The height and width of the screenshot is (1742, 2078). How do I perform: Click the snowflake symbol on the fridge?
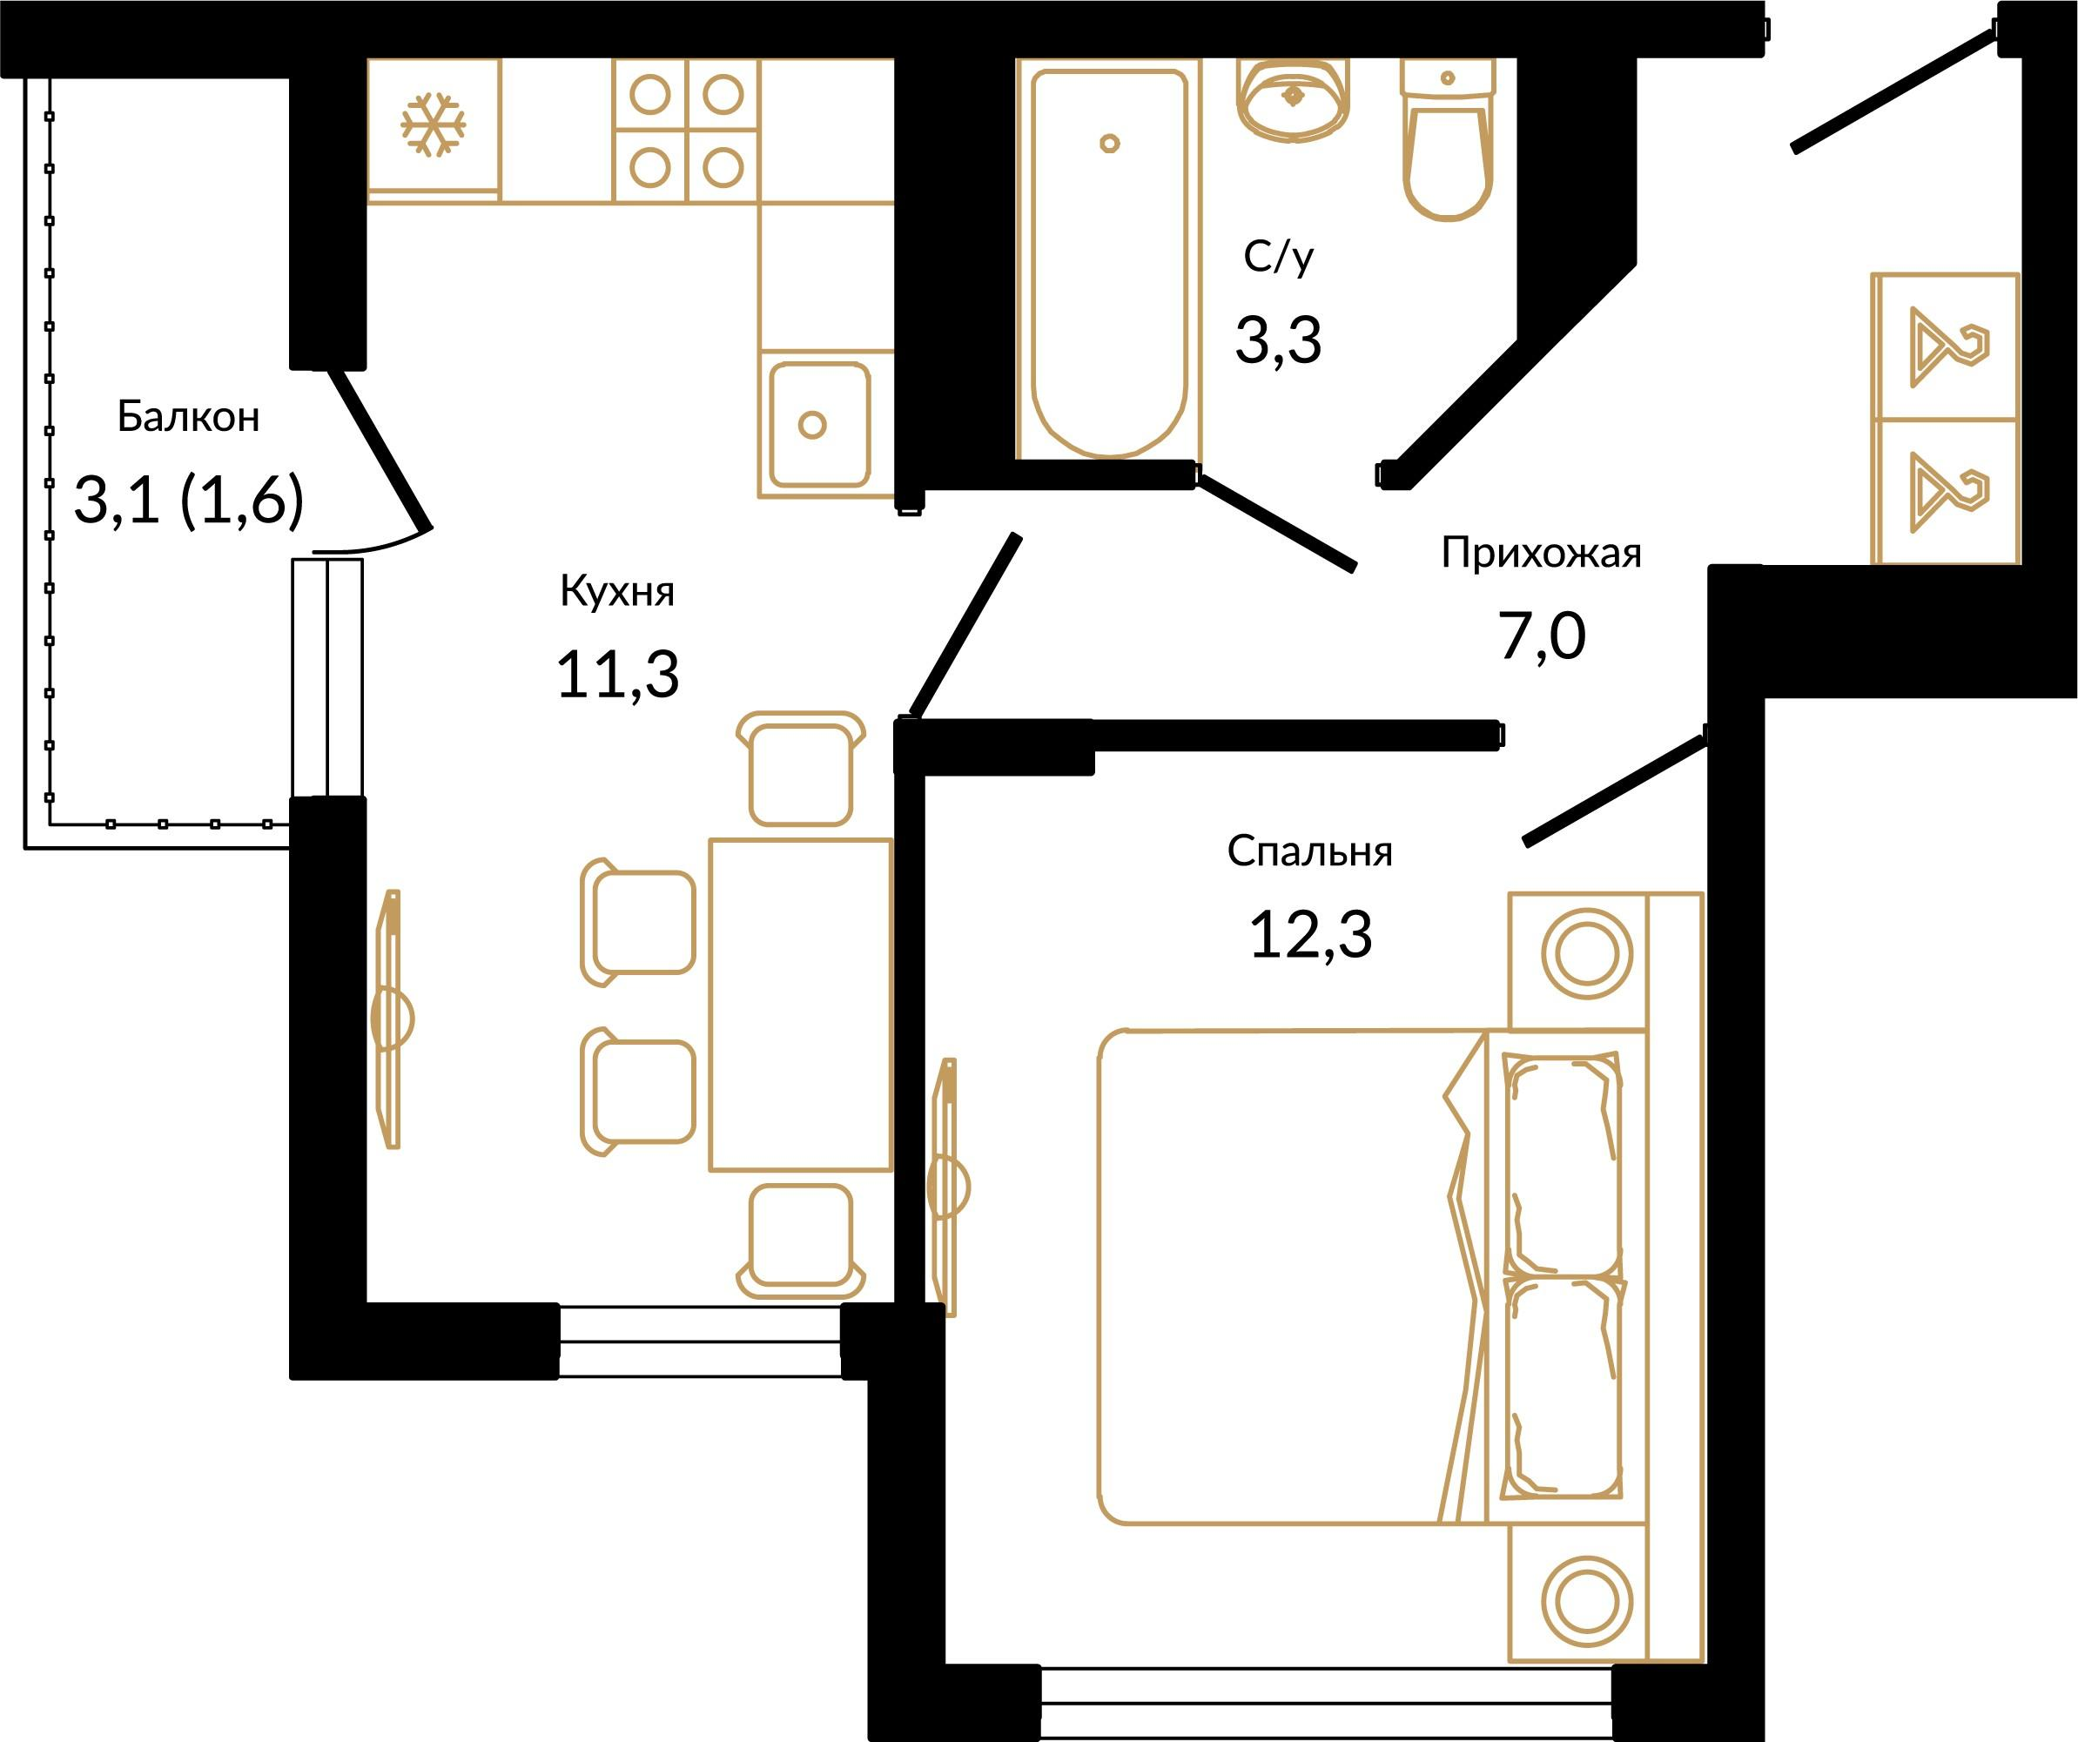pos(433,124)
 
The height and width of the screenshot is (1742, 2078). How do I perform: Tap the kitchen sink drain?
pos(812,425)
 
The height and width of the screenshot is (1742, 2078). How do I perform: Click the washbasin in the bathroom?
pos(1292,99)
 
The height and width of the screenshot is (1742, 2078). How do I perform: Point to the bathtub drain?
pos(1109,144)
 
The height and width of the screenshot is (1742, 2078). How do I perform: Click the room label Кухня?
pos(617,591)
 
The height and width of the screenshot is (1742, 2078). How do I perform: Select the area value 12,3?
pos(1310,934)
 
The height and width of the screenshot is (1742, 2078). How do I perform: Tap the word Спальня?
pos(1310,851)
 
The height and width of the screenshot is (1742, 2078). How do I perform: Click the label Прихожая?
pos(1541,552)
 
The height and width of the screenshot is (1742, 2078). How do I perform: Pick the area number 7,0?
pos(1542,636)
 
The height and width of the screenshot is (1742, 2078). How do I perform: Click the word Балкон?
pos(188,417)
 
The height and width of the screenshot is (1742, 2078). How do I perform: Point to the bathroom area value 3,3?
pos(1277,340)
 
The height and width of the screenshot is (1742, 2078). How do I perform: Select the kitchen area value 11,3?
pos(617,675)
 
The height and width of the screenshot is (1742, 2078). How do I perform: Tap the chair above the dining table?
pos(801,768)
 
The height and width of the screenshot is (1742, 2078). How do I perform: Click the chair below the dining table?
pos(801,1241)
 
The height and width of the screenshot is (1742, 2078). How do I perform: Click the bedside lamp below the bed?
pos(1586,1600)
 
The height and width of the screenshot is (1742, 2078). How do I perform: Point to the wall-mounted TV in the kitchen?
pos(392,1019)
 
